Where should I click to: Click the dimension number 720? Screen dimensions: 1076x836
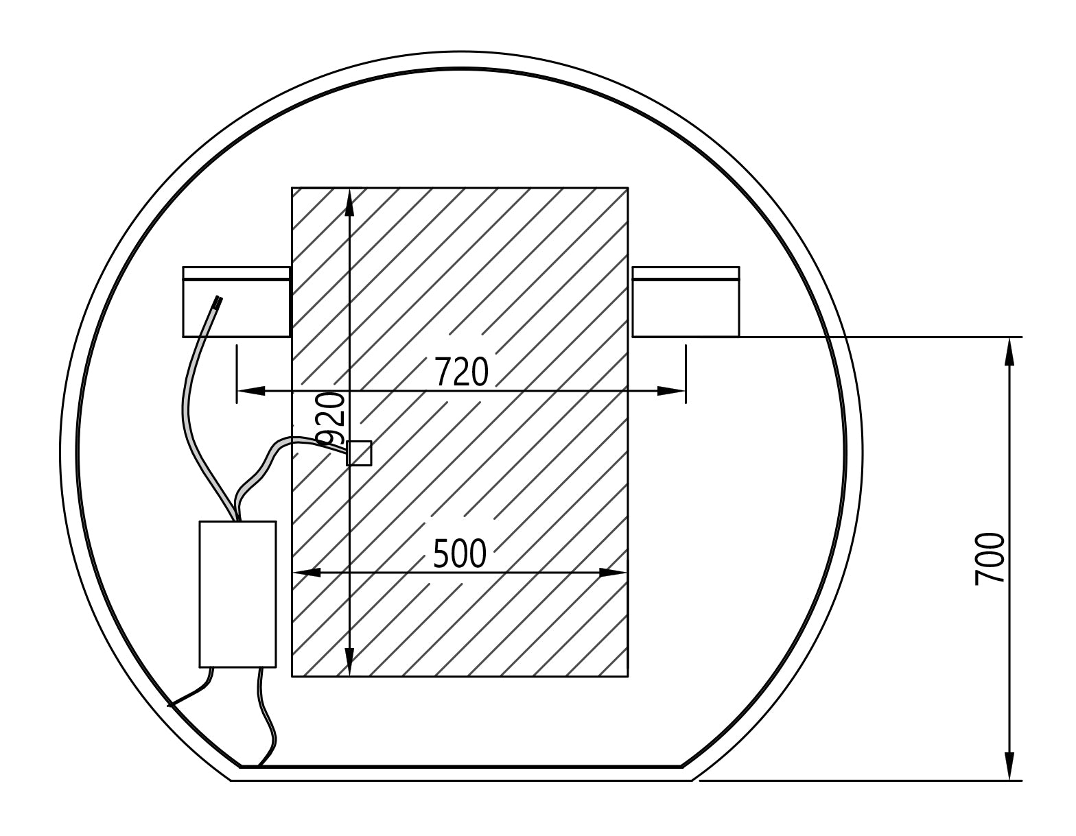click(x=462, y=372)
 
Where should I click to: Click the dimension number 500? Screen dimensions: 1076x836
click(x=460, y=554)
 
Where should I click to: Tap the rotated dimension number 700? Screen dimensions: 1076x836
click(x=989, y=559)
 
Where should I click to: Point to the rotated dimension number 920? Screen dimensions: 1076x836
click(x=330, y=419)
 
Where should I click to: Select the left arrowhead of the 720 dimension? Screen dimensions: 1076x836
click(x=251, y=391)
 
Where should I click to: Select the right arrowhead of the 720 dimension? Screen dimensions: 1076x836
click(x=671, y=391)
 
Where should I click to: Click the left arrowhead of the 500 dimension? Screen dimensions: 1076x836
click(x=307, y=573)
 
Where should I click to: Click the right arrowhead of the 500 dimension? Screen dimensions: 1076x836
click(x=613, y=573)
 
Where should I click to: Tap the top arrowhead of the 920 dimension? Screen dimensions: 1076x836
click(x=349, y=203)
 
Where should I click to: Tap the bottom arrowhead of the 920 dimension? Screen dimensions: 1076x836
click(x=349, y=661)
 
